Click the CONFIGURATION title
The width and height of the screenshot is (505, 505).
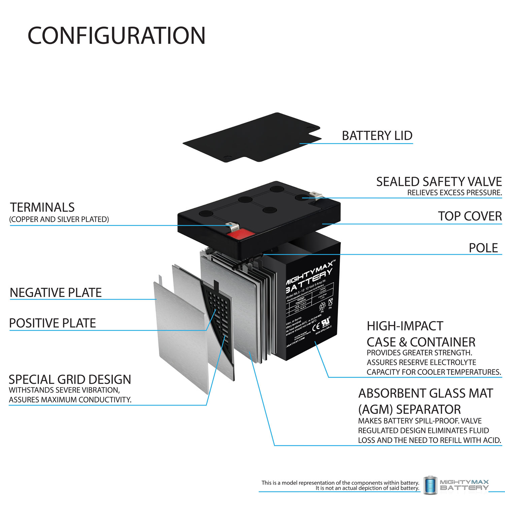116,36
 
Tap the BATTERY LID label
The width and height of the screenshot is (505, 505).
377,136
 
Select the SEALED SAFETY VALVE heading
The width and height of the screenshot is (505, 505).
439,182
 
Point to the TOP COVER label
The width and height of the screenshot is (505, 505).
470,216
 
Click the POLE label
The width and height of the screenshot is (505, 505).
483,248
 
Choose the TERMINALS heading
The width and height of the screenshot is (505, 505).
42,207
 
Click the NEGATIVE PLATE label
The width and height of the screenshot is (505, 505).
56,293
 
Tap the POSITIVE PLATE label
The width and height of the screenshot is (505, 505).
53,323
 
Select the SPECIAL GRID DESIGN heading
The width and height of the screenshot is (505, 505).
70,379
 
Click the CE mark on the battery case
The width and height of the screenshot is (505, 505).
316,327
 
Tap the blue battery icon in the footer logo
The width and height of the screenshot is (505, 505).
430,485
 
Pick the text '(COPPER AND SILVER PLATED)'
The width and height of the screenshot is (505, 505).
59,220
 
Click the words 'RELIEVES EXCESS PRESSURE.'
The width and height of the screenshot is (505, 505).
454,193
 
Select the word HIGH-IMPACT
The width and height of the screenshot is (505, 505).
405,326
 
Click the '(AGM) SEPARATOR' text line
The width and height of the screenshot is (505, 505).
409,409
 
